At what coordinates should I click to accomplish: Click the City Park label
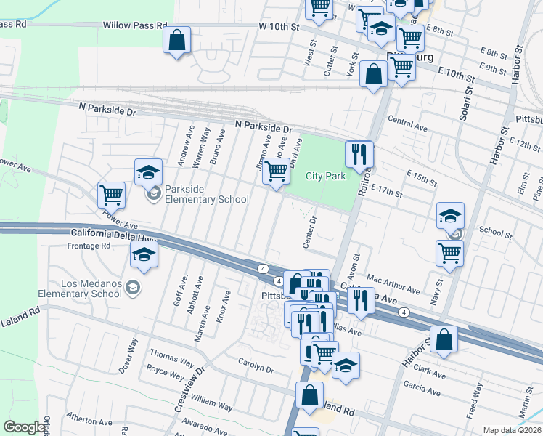pos(325,176)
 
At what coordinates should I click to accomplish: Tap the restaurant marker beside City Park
pos(359,154)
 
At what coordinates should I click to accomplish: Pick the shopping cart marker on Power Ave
pos(112,194)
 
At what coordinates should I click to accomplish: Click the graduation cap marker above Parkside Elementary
pos(148,172)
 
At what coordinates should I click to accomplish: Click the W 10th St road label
pos(279,26)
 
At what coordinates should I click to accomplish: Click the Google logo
pos(25,427)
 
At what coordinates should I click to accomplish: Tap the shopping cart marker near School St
pos(450,253)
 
